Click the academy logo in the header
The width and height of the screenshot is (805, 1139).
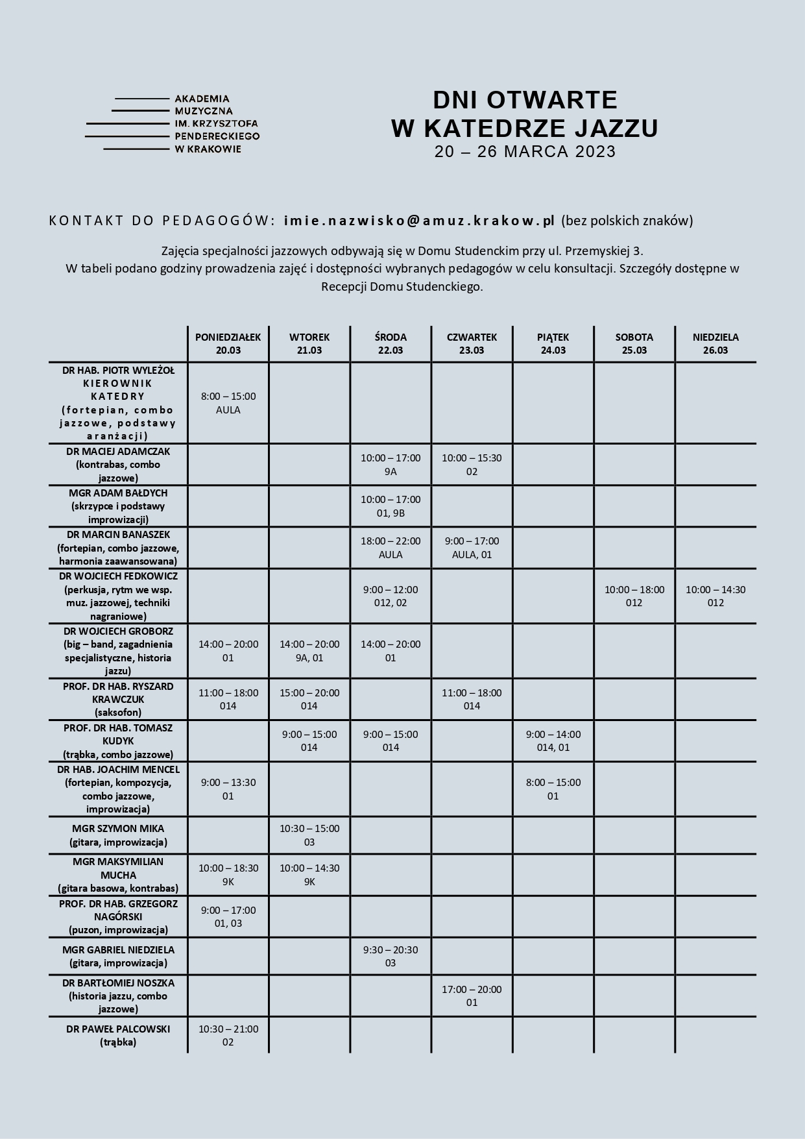pyautogui.click(x=173, y=124)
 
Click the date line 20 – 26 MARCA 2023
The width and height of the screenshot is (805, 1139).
pyautogui.click(x=525, y=152)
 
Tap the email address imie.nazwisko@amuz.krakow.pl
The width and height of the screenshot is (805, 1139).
pyautogui.click(x=419, y=221)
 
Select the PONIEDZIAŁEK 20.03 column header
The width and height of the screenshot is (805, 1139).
pyautogui.click(x=228, y=344)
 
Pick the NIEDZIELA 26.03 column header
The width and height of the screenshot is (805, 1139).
pyautogui.click(x=715, y=344)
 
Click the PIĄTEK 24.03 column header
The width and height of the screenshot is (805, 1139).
pyautogui.click(x=553, y=344)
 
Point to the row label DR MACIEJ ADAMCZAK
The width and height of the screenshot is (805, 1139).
pyautogui.click(x=117, y=464)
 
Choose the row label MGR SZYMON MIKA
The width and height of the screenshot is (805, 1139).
pyautogui.click(x=118, y=835)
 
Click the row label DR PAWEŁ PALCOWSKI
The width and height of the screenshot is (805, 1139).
pyautogui.click(x=118, y=1035)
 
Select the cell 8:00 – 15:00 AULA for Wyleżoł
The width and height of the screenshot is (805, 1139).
pyautogui.click(x=228, y=403)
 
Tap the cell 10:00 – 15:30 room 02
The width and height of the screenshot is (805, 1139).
pyautogui.click(x=472, y=465)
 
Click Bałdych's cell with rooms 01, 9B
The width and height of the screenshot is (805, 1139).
pyautogui.click(x=390, y=506)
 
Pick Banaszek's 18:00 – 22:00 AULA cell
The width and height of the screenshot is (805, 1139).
pyautogui.click(x=390, y=548)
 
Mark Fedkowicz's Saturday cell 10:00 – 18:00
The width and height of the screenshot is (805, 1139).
pyautogui.click(x=634, y=596)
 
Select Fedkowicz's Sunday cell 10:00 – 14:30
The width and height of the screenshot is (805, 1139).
pyautogui.click(x=715, y=596)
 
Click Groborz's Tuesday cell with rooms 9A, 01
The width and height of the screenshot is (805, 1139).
pyautogui.click(x=309, y=651)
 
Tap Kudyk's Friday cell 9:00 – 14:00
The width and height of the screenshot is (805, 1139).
pyautogui.click(x=553, y=741)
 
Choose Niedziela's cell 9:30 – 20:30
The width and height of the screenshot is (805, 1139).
pyautogui.click(x=390, y=956)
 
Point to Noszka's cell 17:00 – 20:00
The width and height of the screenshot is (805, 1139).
pyautogui.click(x=472, y=996)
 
